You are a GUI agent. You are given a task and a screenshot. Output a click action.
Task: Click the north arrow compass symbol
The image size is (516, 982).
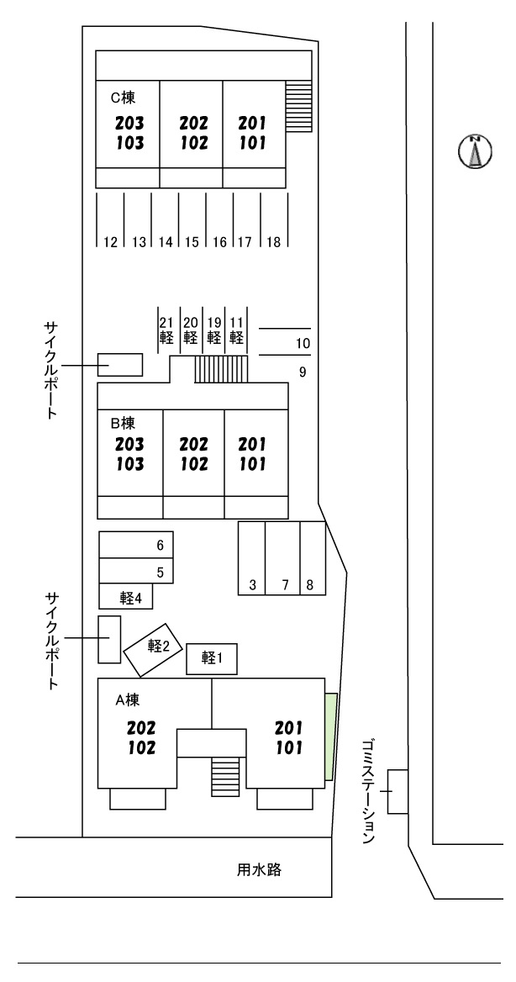(474, 151)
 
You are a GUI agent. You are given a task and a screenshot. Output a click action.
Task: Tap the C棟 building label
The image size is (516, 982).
(124, 98)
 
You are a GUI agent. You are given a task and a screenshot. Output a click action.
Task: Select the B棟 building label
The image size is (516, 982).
(124, 423)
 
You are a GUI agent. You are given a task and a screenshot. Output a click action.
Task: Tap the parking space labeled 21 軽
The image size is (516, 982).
(166, 330)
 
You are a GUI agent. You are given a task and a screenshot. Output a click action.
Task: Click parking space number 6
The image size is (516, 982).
(136, 545)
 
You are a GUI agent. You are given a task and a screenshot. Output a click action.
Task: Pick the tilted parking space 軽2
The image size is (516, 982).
(153, 648)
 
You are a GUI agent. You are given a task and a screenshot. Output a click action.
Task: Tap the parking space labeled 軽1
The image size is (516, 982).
(211, 659)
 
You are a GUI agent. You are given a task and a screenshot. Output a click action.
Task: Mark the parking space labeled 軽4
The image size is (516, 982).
(126, 597)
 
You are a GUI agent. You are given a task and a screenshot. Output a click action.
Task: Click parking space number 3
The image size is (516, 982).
(252, 558)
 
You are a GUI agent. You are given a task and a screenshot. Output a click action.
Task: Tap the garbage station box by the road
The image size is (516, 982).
(398, 791)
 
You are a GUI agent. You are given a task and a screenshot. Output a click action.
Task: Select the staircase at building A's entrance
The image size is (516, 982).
(225, 776)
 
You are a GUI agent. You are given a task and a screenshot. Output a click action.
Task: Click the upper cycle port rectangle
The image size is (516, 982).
(120, 364)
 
